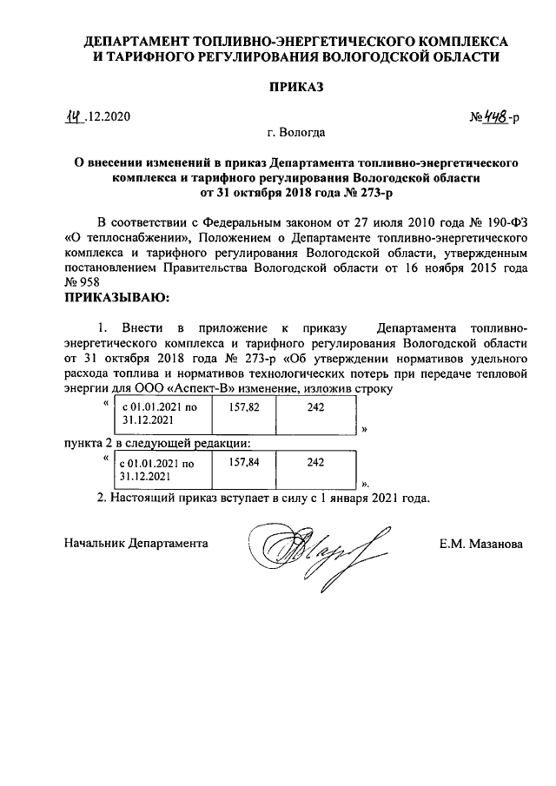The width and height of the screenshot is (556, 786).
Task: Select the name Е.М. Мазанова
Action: point(481,544)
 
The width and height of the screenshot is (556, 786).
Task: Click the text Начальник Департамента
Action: point(136,544)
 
